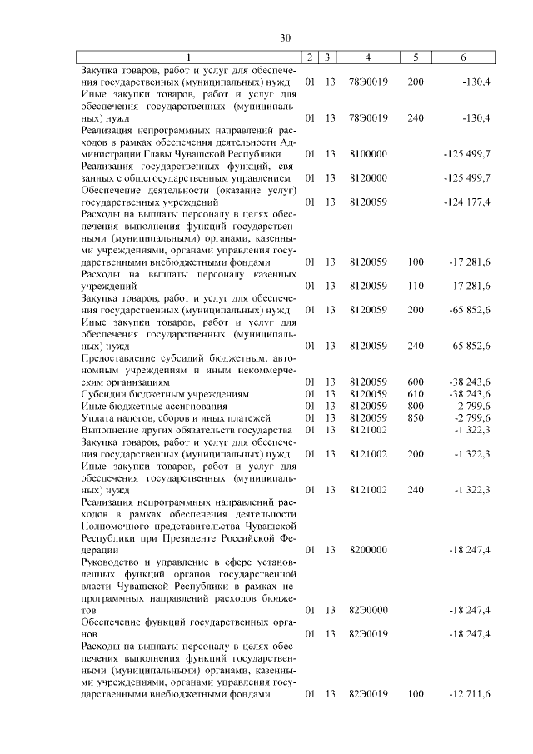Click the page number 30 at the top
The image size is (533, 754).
285,37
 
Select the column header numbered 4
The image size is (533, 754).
367,57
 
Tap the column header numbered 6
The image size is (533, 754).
464,57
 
